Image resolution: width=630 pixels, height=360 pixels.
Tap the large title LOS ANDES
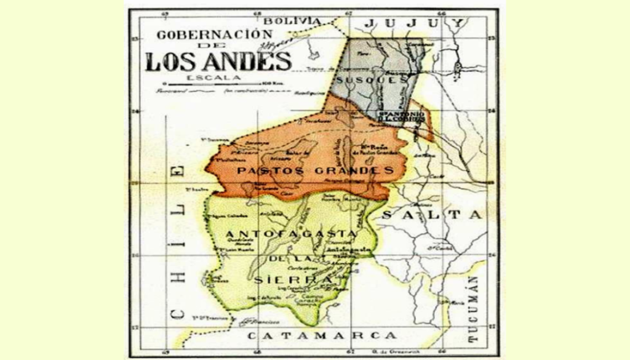coord(218,61)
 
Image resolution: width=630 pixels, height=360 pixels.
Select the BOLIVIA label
coord(298,20)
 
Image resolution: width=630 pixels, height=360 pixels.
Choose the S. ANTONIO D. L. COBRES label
coord(401,117)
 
